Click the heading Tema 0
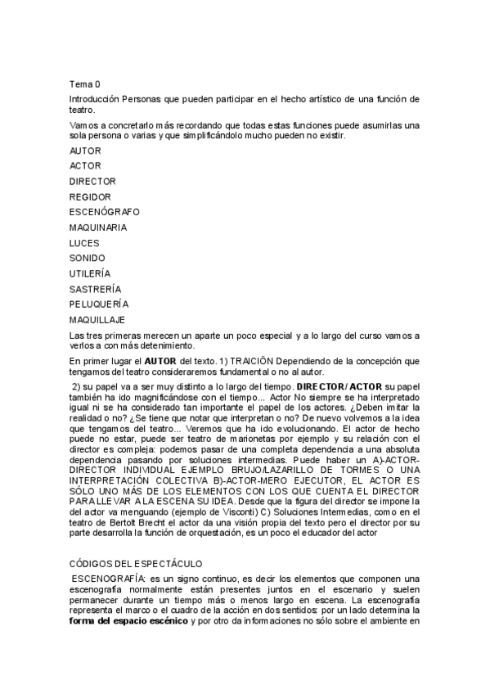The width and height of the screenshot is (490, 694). click(x=84, y=83)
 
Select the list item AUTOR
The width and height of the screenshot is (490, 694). click(x=85, y=151)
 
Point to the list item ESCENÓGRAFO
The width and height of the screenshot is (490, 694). click(x=104, y=211)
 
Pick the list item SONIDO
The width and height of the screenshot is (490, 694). click(x=88, y=258)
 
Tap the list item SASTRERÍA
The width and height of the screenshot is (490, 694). click(x=95, y=289)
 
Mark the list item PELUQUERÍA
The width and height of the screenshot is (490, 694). click(x=99, y=304)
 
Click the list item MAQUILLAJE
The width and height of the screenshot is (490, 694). click(x=98, y=319)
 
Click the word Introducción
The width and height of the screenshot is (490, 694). click(x=95, y=99)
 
